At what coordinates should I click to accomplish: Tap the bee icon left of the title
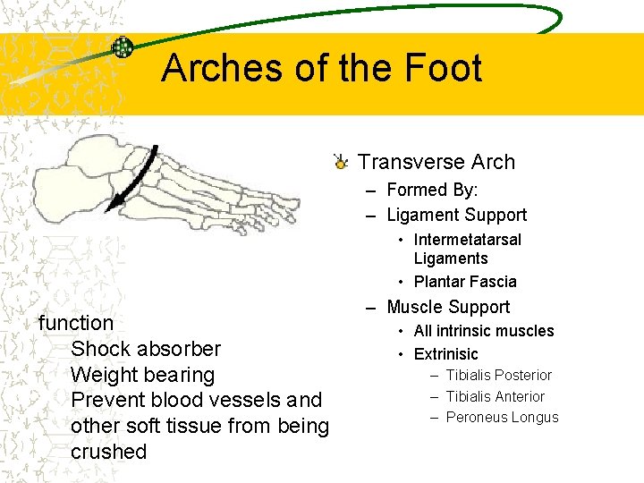[x=123, y=48]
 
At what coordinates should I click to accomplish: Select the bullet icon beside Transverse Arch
[x=340, y=162]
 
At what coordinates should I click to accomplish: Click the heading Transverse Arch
[x=436, y=162]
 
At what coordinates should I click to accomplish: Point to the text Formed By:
[x=432, y=190]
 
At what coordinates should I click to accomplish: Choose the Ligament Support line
[x=456, y=215]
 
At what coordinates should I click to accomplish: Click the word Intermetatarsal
[x=467, y=240]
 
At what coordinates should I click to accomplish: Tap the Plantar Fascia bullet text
[x=465, y=282]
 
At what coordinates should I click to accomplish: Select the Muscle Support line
[x=447, y=307]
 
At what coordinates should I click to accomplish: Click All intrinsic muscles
[x=484, y=331]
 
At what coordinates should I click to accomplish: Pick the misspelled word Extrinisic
[x=445, y=354]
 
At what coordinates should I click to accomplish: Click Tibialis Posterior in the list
[x=498, y=376]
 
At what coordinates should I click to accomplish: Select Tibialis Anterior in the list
[x=495, y=396]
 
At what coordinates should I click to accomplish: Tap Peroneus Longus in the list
[x=502, y=418]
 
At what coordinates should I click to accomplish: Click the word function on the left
[x=76, y=323]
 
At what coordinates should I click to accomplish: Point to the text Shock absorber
[x=145, y=349]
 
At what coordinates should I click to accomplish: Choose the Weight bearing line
[x=142, y=375]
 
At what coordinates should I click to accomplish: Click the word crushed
[x=108, y=452]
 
